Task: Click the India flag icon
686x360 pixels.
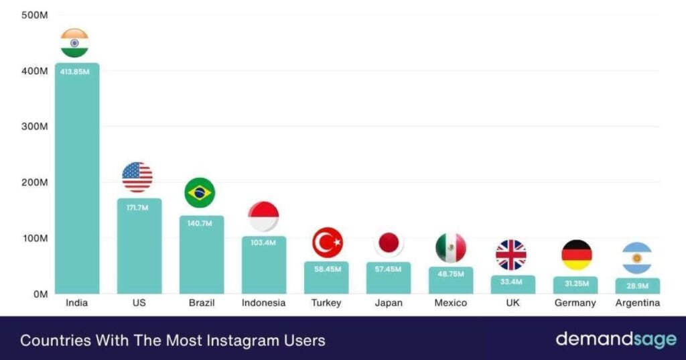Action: tap(74, 43)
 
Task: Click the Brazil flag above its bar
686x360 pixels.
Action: tap(200, 193)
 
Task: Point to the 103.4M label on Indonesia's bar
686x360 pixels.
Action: tap(263, 243)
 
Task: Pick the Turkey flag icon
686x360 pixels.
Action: tap(327, 243)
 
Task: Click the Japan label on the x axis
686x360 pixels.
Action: tap(389, 303)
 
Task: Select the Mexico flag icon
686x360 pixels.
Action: tap(450, 248)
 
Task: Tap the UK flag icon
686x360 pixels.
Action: tap(511, 255)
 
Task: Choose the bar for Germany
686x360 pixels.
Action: tap(575, 286)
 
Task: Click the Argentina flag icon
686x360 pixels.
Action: tap(636, 258)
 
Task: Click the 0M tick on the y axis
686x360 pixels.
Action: tap(40, 294)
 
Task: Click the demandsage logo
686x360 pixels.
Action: tap(616, 339)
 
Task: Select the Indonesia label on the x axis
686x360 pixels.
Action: tap(263, 303)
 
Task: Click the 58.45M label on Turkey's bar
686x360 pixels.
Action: tap(326, 269)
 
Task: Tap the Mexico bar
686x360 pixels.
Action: tap(451, 282)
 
